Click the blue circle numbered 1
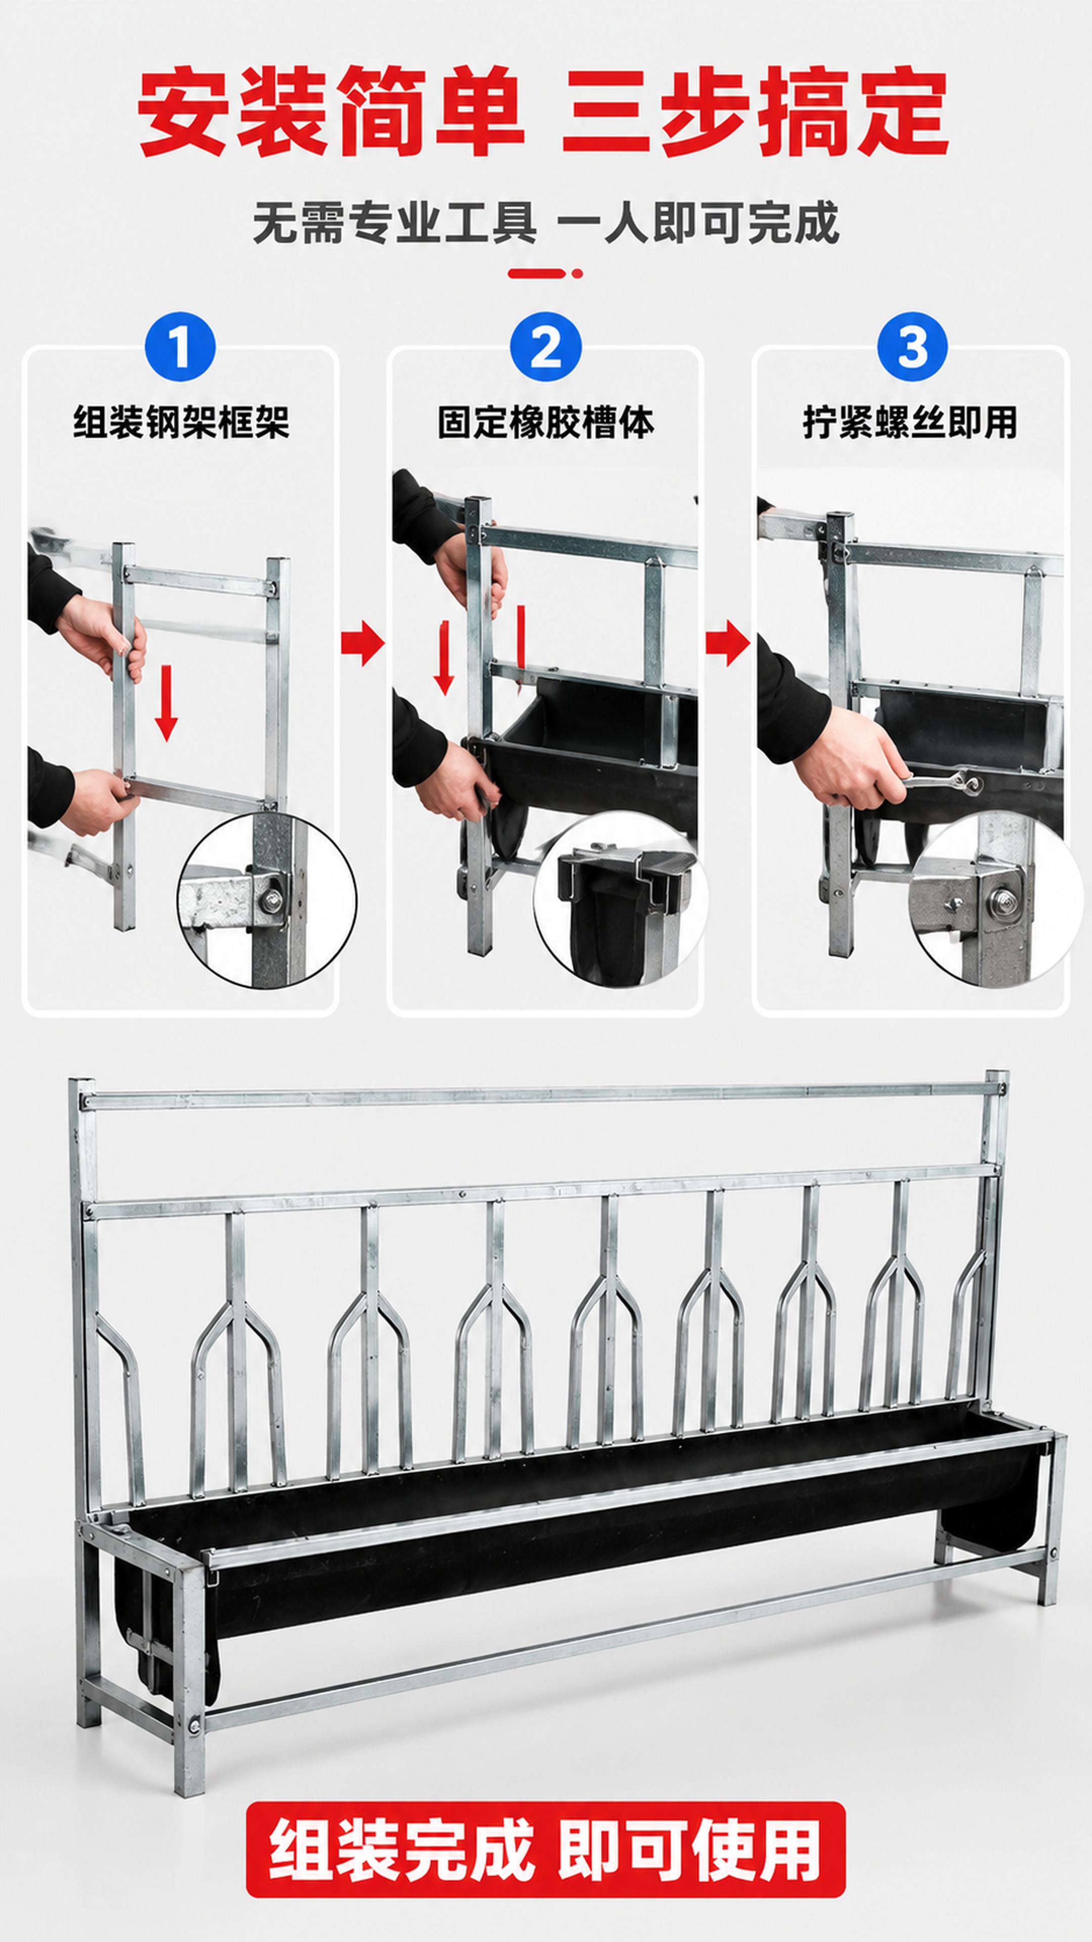click(x=180, y=347)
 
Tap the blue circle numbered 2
click(x=545, y=347)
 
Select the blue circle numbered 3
click(x=912, y=347)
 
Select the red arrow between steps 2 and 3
click(x=728, y=643)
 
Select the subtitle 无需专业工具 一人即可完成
click(x=545, y=223)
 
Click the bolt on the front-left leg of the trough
click(x=195, y=1704)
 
